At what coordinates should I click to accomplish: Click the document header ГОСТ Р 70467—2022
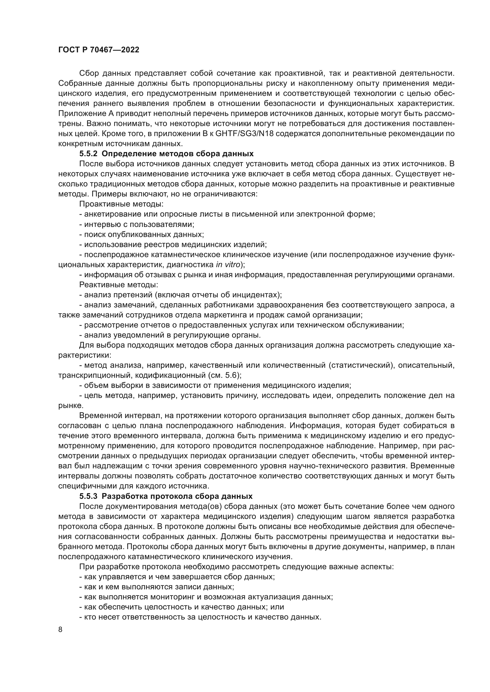99,50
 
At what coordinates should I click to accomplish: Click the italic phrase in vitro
228,264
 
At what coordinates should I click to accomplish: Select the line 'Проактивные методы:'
121,204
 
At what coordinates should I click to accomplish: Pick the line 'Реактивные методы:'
119,285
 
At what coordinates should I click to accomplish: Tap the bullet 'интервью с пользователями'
137,224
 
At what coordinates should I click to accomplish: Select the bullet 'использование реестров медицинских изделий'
173,244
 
